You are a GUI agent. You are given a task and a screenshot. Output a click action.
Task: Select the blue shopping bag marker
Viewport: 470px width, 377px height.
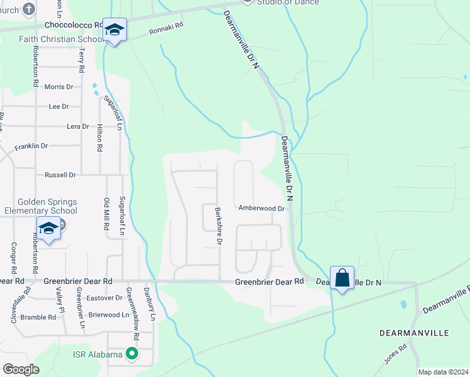pos(342,278)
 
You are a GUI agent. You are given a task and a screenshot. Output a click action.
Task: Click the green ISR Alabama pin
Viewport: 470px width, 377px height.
pos(131,354)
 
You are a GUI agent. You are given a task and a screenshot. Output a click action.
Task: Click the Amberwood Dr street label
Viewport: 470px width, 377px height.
pos(261,208)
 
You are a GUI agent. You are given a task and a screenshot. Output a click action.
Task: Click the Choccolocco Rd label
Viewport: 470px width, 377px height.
pos(74,25)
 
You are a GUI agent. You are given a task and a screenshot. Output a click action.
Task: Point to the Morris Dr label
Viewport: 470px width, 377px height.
pos(63,87)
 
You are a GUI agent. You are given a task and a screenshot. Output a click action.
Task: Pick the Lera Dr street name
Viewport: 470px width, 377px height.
pos(78,126)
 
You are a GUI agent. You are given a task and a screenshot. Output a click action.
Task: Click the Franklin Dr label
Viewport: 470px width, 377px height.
pos(31,146)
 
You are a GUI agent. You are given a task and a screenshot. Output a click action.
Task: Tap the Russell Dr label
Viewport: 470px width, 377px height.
pos(60,175)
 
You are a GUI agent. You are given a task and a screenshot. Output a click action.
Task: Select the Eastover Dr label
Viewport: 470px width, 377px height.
pos(104,298)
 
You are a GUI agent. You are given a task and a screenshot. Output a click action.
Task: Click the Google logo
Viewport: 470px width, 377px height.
pos(21,369)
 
